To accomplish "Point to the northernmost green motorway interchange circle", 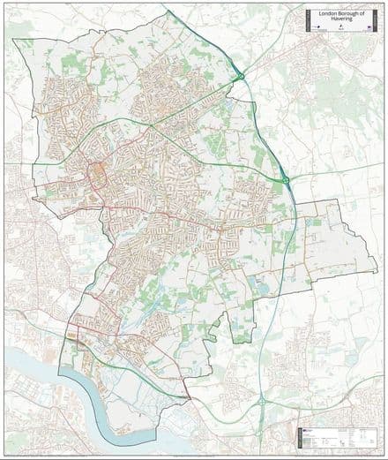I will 239,78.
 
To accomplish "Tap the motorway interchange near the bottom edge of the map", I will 262,402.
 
